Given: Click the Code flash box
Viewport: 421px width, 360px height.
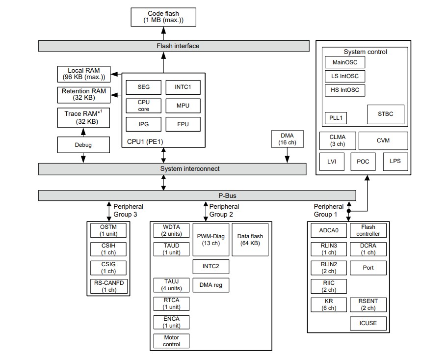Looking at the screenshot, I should coord(164,17).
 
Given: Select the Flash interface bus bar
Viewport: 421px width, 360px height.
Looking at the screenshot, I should coord(174,46).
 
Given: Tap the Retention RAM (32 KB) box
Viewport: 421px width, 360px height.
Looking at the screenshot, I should coord(83,94).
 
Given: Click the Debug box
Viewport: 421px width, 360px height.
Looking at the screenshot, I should coord(83,145).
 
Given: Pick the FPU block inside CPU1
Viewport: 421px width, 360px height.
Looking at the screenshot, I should coord(183,124).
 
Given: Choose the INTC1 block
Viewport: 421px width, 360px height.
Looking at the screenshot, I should coord(183,87).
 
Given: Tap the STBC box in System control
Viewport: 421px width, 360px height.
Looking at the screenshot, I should coord(386,114).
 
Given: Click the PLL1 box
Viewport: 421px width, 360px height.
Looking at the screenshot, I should coord(336,118).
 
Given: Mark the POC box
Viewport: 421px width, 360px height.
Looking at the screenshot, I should coord(363,161).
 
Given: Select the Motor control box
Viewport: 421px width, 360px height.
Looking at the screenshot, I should coord(171,341).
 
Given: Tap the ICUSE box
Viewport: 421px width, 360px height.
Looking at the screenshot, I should coord(368,324).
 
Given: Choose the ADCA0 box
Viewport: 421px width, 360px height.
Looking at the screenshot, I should coord(328,230).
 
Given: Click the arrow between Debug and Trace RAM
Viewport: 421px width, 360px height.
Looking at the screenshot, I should coord(83,132).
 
